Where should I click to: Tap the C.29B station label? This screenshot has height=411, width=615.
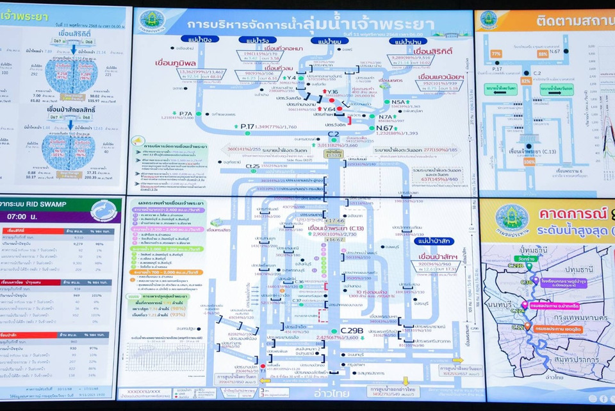coord(351,331)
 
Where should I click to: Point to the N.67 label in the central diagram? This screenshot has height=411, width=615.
coord(385,127)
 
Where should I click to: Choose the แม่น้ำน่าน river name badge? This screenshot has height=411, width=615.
coord(408,42)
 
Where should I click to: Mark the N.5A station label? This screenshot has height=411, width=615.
coord(398,102)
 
